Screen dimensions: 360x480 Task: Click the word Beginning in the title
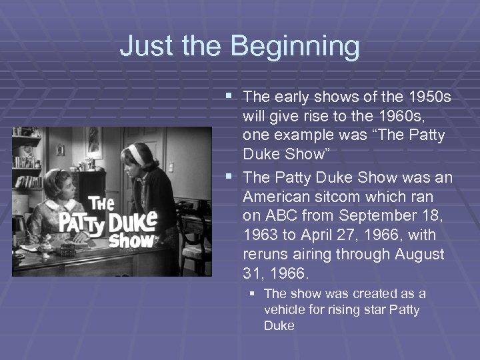pos(295,47)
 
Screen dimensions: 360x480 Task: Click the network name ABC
pos(280,216)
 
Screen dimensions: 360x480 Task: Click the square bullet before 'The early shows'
pos(230,97)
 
